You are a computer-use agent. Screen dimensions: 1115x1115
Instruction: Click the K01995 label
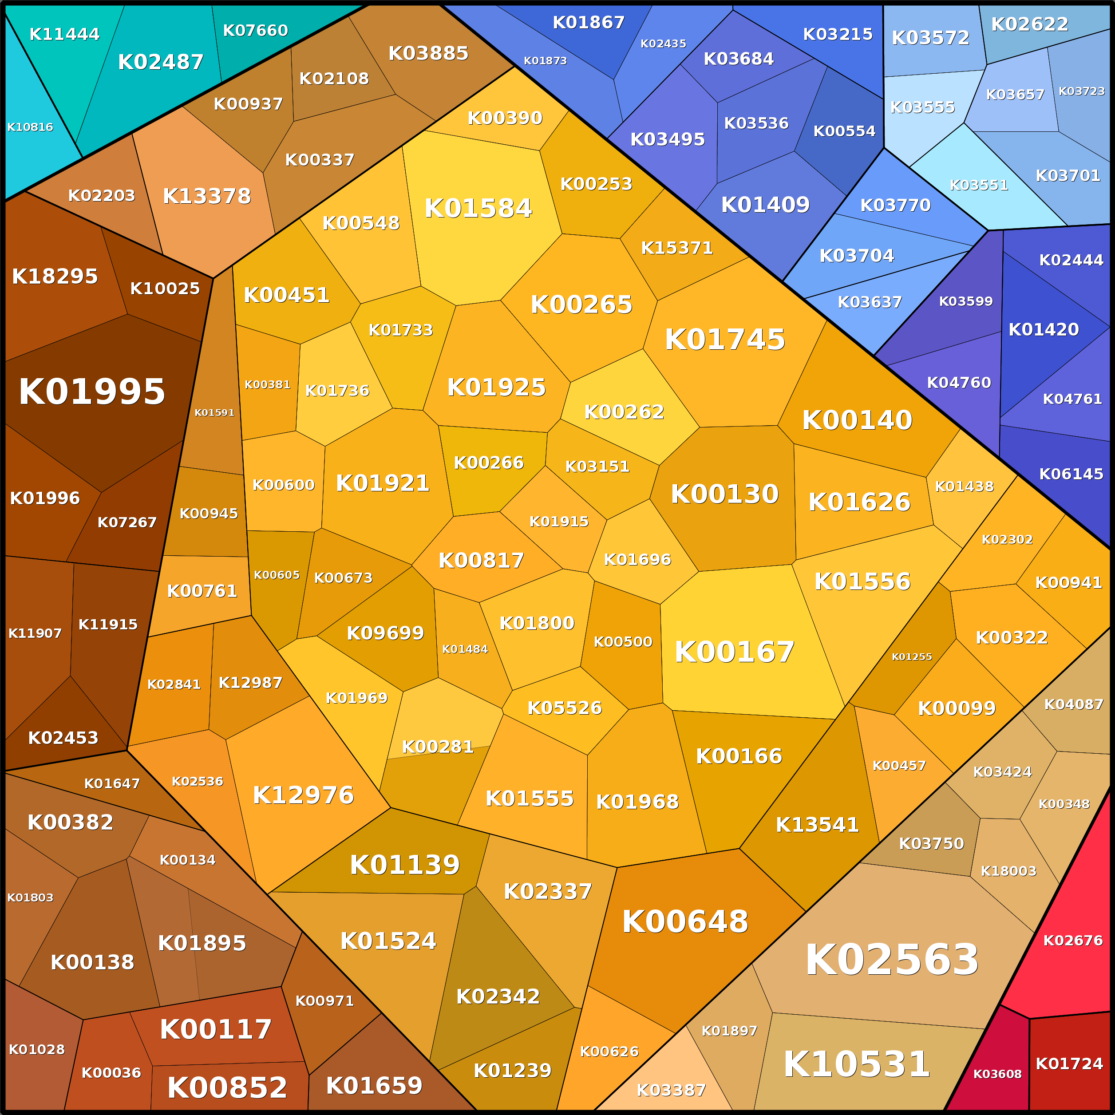[x=92, y=392]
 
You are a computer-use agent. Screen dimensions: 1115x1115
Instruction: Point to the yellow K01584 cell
[x=478, y=208]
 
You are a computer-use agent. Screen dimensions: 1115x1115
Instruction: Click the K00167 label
[x=734, y=652]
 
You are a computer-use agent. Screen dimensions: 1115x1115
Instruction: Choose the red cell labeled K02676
[x=1072, y=940]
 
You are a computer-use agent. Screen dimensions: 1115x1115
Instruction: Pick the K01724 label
[x=1069, y=1063]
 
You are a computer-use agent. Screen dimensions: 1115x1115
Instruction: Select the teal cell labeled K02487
[x=160, y=62]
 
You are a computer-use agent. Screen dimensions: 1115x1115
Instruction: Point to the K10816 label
[x=30, y=127]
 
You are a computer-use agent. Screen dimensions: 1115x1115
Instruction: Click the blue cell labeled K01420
[x=1044, y=329]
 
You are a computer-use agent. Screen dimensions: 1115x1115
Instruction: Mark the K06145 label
[x=1071, y=474]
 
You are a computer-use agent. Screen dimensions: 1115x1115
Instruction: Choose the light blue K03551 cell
[x=979, y=185]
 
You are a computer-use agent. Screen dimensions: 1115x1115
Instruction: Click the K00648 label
[x=685, y=921]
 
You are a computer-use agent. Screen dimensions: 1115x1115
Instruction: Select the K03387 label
[x=671, y=1090]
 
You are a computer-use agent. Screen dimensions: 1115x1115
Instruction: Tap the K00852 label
[x=227, y=1088]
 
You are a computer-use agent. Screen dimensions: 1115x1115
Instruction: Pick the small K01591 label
[x=214, y=413]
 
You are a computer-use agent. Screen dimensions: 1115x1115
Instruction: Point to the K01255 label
[x=912, y=657]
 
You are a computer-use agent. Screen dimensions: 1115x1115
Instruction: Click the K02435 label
[x=663, y=43]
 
